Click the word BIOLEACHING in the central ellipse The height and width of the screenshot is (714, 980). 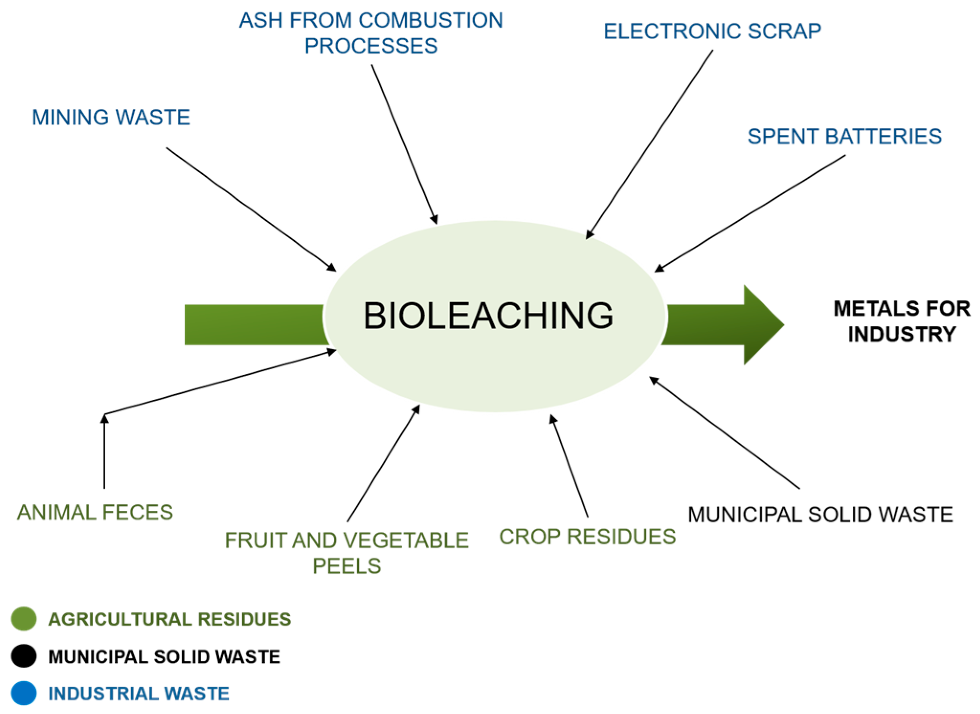pos(488,316)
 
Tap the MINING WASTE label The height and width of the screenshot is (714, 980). pos(111,118)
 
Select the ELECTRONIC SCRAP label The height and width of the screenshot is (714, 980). pos(712,32)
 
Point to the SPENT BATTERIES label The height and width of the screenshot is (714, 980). pos(845,137)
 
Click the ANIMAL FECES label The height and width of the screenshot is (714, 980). pos(95,513)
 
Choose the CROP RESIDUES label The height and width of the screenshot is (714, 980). pos(587,537)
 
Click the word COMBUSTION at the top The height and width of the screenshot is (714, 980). pos(431,21)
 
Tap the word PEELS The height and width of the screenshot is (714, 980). pos(346,566)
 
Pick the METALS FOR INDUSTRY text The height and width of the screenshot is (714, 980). pos(902,321)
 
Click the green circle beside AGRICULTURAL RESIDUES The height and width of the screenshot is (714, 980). pos(24,619)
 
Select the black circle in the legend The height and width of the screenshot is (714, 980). pos(24,657)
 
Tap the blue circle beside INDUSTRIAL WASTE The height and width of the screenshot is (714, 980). pos(24,693)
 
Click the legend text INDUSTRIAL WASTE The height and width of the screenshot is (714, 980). pos(139,694)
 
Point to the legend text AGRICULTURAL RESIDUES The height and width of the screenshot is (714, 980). pos(169,619)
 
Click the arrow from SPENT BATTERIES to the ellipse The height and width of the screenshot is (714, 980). pos(750,213)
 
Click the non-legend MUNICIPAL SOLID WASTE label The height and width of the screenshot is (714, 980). pos(820,515)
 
